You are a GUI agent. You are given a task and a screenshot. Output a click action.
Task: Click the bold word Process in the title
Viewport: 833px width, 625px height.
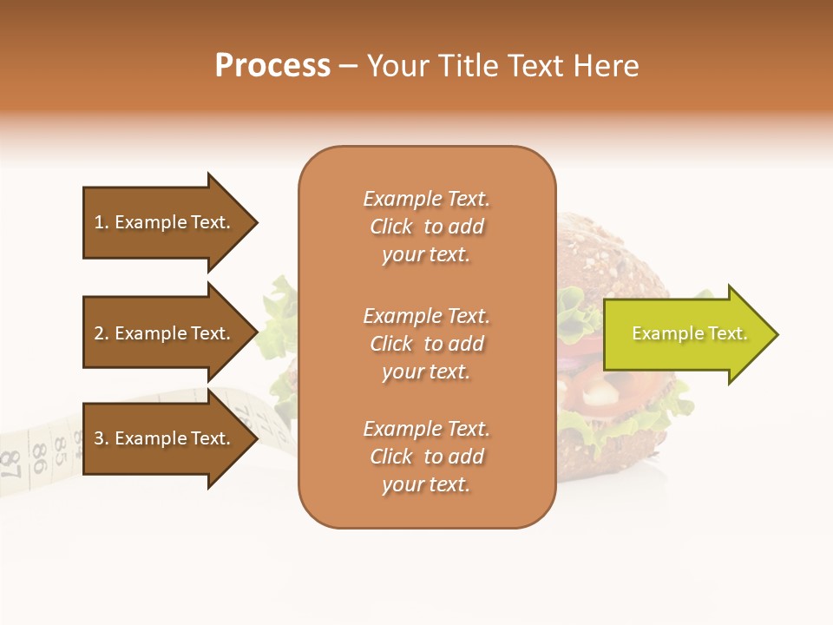272,66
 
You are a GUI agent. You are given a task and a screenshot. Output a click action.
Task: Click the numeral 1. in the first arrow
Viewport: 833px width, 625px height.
101,222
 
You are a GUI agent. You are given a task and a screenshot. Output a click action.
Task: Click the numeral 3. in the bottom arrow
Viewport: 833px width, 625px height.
101,438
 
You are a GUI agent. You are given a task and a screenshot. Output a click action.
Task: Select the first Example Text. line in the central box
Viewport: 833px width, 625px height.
427,199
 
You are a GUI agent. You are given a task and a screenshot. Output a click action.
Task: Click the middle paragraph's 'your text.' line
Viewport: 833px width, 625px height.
425,372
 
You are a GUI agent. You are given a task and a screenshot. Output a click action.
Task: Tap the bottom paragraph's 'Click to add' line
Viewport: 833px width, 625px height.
427,457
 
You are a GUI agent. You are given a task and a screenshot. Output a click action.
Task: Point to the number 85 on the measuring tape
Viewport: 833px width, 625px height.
61,449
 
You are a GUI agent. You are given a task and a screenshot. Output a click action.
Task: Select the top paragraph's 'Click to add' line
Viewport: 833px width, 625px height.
427,227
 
